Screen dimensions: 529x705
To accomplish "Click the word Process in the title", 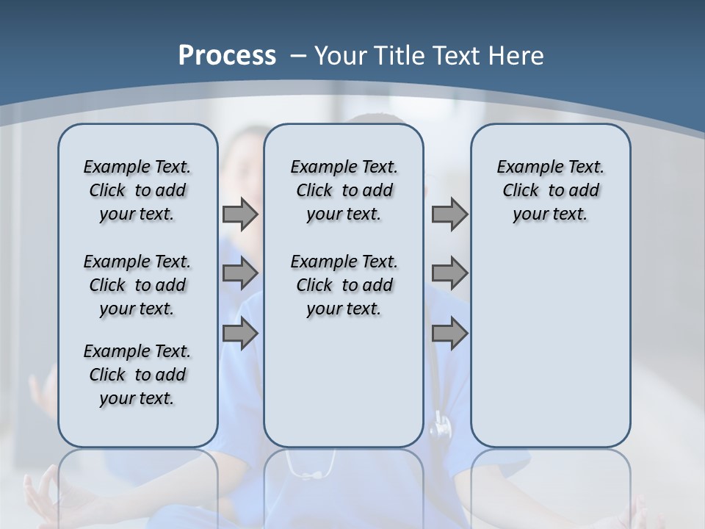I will click(227, 56).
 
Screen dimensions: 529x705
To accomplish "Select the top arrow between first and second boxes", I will click(239, 215).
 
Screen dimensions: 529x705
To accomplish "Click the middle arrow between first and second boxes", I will click(239, 273).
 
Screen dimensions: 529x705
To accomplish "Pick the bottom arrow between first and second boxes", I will click(239, 333).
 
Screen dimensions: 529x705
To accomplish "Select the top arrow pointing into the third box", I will click(449, 215).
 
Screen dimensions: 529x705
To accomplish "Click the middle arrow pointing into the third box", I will click(449, 273).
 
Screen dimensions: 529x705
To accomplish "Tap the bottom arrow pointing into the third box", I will click(449, 333).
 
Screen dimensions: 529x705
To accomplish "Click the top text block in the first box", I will click(137, 190).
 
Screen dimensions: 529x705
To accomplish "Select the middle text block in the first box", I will click(137, 285).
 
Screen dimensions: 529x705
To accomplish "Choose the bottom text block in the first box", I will click(137, 375).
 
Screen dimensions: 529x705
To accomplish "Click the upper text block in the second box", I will click(344, 190).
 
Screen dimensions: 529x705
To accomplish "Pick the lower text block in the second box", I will click(344, 285).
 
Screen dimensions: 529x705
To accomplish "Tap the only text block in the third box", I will click(550, 190).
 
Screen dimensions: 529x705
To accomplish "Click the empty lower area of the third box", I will click(550, 345).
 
